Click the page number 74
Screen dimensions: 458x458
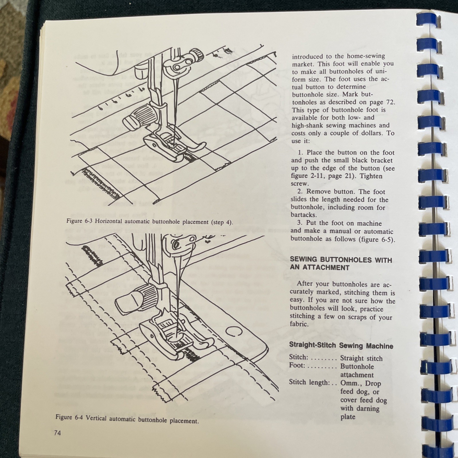click(x=57, y=433)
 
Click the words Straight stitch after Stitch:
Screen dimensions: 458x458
click(x=361, y=358)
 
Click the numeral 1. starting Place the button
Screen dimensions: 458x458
click(x=300, y=153)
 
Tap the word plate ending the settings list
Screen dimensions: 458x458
click(x=348, y=416)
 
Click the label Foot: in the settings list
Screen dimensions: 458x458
click(x=297, y=366)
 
